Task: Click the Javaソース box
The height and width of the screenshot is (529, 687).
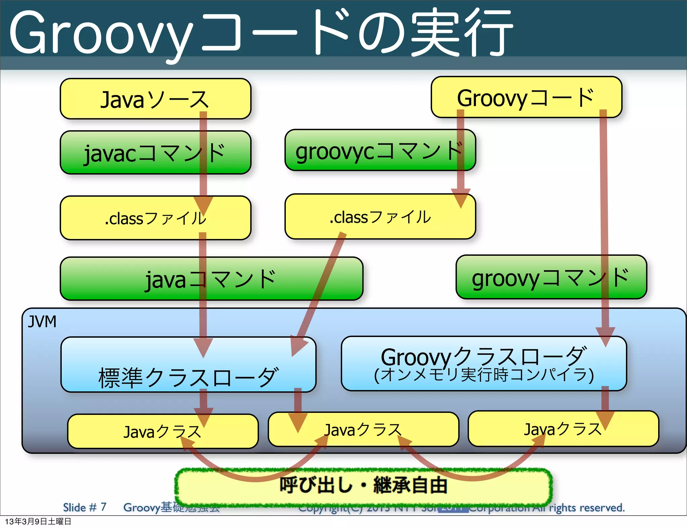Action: pyautogui.click(x=155, y=99)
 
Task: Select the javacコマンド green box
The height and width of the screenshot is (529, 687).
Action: pyautogui.click(x=155, y=153)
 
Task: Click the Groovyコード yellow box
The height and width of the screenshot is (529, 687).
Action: pyautogui.click(x=526, y=97)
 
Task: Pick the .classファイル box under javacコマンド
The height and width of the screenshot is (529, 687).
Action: pyautogui.click(x=155, y=218)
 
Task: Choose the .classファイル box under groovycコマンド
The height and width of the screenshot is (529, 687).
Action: pyautogui.click(x=380, y=217)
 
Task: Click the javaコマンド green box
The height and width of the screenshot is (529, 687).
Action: pyautogui.click(x=211, y=279)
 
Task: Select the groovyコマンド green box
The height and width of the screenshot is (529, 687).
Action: pyautogui.click(x=551, y=278)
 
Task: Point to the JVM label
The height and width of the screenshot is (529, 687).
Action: pyautogui.click(x=42, y=322)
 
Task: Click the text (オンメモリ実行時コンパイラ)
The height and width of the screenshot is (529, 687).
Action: pyautogui.click(x=484, y=375)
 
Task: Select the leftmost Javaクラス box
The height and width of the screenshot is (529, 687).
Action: pyautogui.click(x=162, y=432)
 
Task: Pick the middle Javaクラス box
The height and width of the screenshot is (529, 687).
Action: pyautogui.click(x=363, y=430)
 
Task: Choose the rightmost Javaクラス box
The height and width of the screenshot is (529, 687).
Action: pyautogui.click(x=563, y=429)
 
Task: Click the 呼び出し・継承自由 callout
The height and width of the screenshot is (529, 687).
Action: pyautogui.click(x=363, y=485)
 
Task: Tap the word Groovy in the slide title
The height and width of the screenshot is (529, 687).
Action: pyautogui.click(x=101, y=34)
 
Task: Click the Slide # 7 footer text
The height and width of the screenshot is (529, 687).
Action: pyautogui.click(x=85, y=507)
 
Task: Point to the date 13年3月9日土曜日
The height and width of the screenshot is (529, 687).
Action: pyautogui.click(x=38, y=522)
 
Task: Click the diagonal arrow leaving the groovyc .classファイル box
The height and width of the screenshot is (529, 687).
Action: pyautogui.click(x=320, y=289)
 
